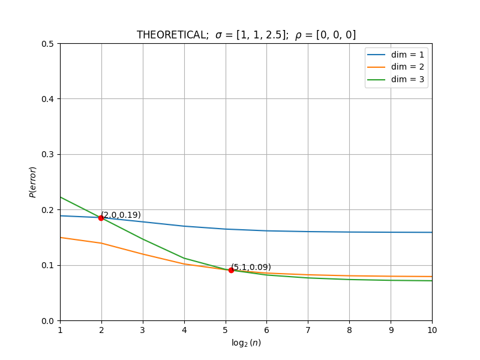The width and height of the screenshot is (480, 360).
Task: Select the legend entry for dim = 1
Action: coord(395,55)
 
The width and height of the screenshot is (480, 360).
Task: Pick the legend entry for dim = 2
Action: coord(395,67)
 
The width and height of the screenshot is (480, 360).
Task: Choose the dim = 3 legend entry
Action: coord(395,79)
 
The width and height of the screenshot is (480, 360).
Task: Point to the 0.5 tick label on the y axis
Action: coord(47,44)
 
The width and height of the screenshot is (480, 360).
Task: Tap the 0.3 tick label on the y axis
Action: coord(47,155)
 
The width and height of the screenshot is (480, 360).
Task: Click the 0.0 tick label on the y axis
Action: coord(47,321)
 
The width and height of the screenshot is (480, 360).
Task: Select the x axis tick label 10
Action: coord(432,330)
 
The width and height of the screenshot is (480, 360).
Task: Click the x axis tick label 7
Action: coord(308,330)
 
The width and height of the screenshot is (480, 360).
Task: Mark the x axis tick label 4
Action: coord(184,330)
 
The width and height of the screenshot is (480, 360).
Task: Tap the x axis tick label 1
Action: coord(61,330)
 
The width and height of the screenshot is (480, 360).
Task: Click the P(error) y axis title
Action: coord(33,182)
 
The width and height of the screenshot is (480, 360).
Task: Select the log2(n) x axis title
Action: coord(246,343)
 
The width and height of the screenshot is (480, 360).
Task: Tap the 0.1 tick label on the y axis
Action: coord(47,265)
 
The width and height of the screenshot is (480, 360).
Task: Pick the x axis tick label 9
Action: coord(391,330)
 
